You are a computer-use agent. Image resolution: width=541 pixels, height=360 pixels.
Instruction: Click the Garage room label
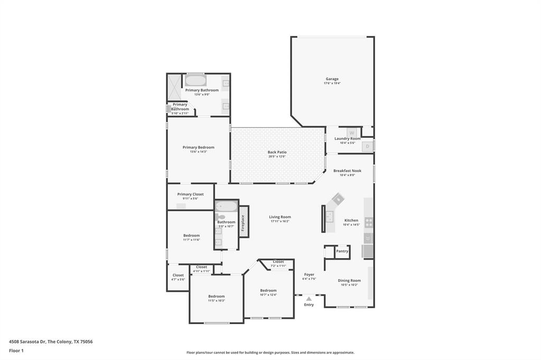pos(332,79)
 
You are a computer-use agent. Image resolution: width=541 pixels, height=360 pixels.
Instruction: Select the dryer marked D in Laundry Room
pos(368,146)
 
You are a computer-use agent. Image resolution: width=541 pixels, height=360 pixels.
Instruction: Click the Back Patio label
pos(277,152)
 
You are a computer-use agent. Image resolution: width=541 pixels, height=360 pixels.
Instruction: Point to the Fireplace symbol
pos(244,222)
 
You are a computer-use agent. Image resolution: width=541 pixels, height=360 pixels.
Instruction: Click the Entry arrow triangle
pos(309,299)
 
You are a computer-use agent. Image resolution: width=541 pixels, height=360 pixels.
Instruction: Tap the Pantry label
pos(342,251)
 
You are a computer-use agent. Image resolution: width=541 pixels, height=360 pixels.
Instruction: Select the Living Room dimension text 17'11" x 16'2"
pos(279,221)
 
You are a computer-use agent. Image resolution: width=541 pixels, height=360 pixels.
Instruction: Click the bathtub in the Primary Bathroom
pos(195,81)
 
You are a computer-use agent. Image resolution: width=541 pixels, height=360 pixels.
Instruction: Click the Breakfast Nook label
pos(347,171)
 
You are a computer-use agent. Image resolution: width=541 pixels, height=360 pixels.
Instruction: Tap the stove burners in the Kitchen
pos(368,222)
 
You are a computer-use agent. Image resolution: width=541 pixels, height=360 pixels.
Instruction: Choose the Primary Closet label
pos(190,194)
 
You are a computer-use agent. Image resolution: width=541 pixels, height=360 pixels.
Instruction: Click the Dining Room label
pos(349,281)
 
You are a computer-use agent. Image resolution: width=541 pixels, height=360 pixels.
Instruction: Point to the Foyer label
pos(309,274)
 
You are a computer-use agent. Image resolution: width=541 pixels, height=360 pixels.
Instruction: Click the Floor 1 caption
pos(16,350)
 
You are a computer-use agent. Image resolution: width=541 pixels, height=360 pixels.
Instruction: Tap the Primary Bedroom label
pos(198,147)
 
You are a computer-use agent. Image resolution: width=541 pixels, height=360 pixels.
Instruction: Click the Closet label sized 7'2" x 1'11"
pos(278,262)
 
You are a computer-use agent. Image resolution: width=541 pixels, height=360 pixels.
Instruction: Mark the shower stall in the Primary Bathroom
pos(174,87)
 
